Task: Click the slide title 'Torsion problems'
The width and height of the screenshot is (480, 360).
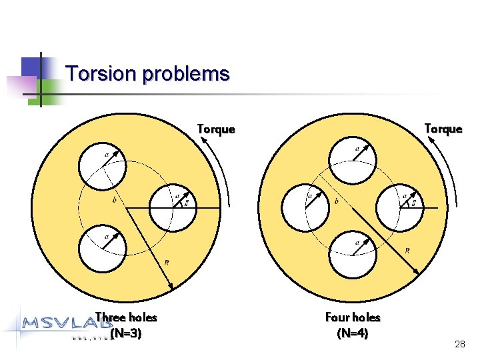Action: [148, 73]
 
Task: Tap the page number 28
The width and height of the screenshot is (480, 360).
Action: [459, 344]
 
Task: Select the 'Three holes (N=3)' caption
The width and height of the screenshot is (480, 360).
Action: [126, 325]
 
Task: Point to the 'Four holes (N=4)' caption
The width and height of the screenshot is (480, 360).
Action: [353, 325]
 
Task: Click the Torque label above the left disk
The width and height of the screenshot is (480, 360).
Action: [216, 129]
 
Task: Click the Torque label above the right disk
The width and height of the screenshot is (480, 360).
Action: [443, 129]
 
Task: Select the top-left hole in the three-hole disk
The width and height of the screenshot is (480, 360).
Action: [101, 165]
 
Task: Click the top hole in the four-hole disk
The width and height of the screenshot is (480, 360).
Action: [353, 160]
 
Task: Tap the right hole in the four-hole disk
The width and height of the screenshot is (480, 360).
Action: [399, 207]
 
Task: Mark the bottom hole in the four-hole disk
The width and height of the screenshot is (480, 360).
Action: [353, 254]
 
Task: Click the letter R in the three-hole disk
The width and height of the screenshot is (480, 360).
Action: [166, 262]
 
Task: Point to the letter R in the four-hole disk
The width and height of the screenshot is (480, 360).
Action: [407, 251]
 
